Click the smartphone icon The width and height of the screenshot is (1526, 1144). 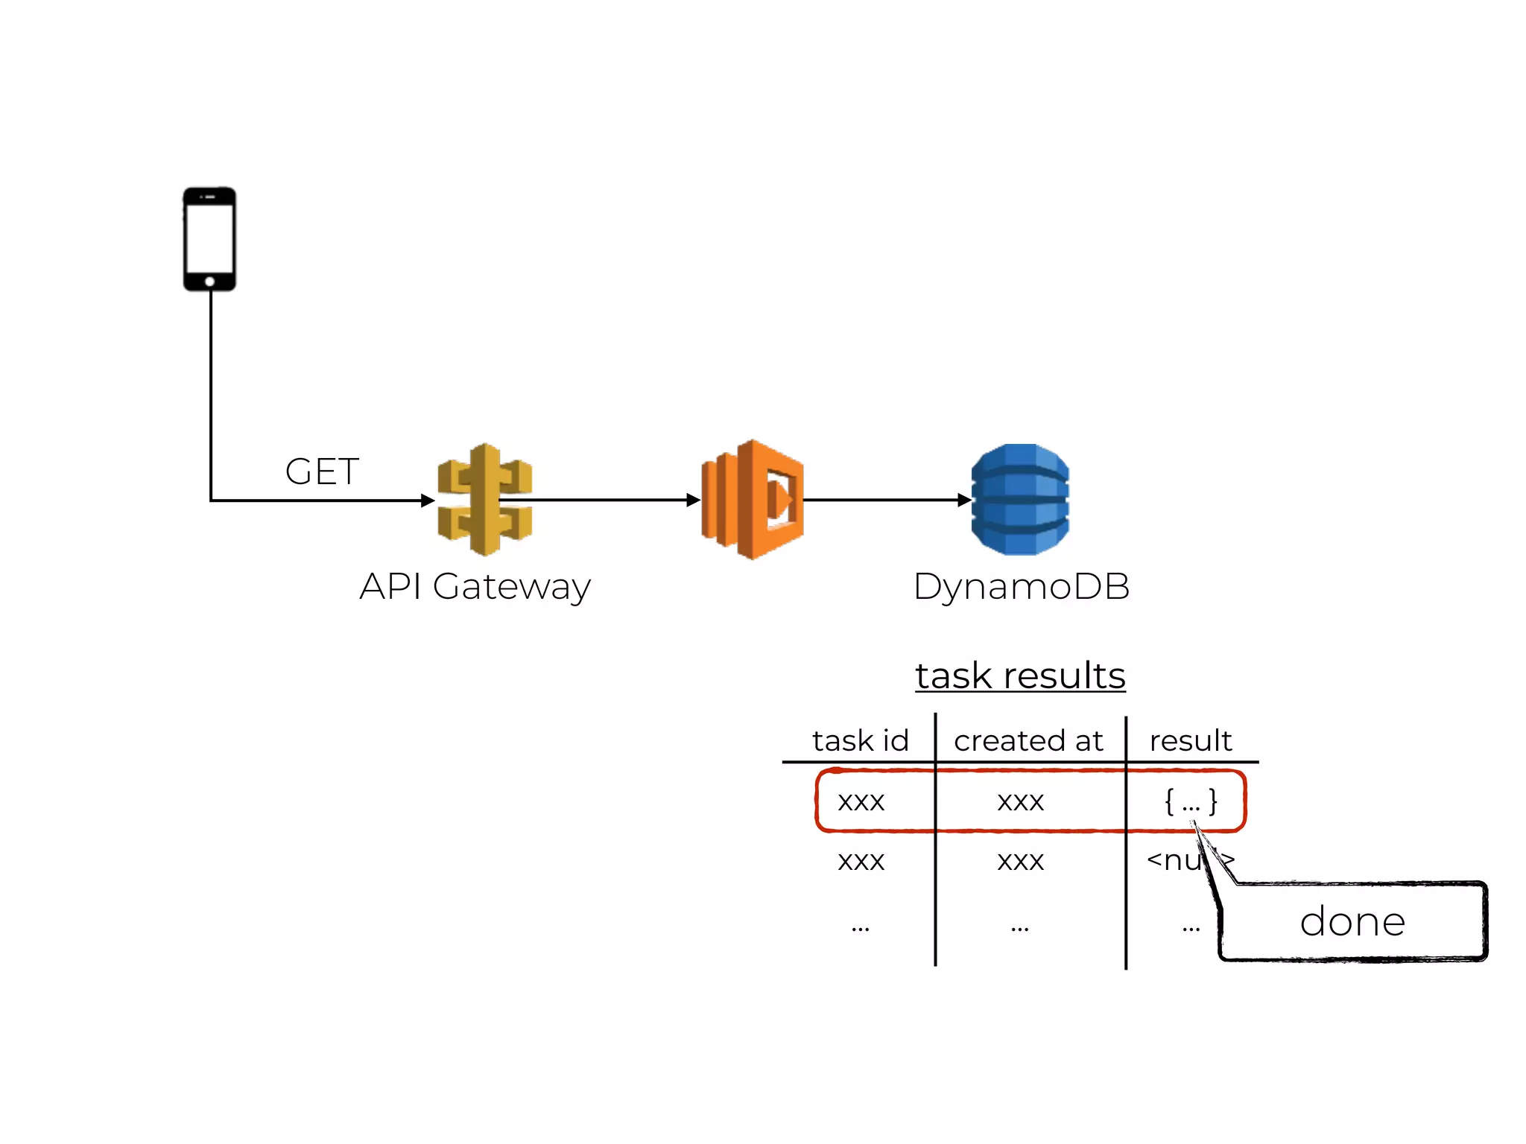[209, 238]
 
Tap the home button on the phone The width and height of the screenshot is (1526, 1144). [209, 282]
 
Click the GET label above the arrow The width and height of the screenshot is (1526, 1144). [322, 471]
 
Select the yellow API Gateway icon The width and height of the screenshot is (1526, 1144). [484, 500]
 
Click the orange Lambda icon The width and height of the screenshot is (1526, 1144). [753, 500]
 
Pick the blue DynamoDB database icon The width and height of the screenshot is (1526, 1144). [1020, 500]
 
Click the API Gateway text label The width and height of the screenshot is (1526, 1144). [475, 587]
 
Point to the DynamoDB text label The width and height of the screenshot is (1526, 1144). [1021, 587]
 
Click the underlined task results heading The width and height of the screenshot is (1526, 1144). [1020, 676]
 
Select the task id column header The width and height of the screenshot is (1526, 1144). [861, 741]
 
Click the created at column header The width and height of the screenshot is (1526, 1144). [1028, 741]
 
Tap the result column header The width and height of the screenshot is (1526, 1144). [1190, 741]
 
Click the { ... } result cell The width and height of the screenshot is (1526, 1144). [1191, 801]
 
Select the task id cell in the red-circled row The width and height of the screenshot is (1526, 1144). [861, 801]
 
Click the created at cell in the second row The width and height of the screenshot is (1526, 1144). [1020, 861]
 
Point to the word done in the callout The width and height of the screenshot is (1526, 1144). [1352, 922]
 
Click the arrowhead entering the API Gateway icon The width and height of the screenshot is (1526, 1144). [428, 500]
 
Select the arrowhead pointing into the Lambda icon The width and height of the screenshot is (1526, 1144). [693, 500]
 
